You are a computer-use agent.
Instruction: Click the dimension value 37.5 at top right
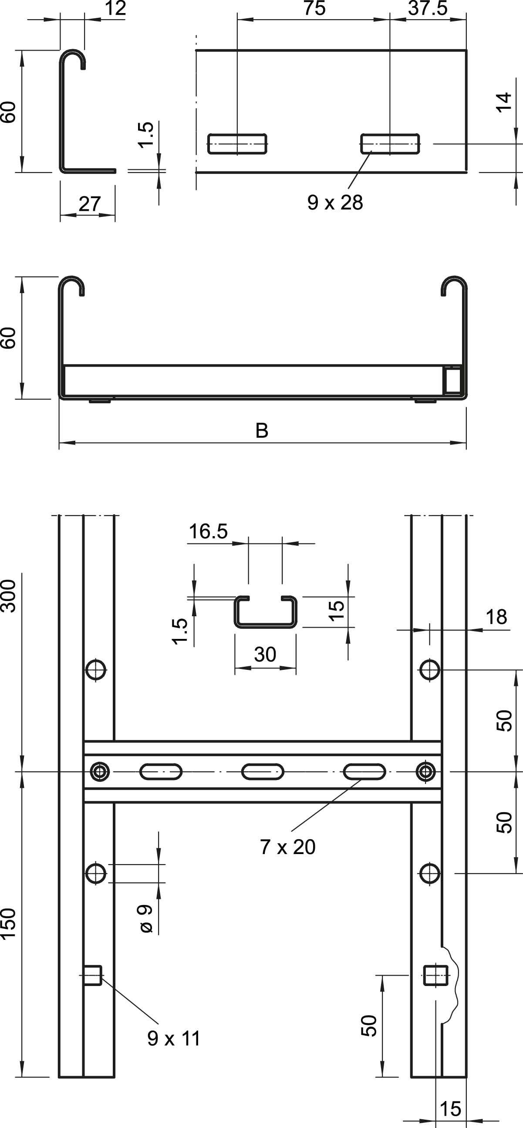click(428, 8)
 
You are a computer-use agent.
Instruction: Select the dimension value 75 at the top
click(314, 8)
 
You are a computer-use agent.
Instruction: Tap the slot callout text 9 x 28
click(335, 203)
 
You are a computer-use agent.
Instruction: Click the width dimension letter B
click(262, 431)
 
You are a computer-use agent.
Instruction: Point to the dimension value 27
click(90, 204)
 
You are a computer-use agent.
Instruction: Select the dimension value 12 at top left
click(115, 8)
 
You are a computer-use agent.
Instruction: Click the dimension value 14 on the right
click(505, 102)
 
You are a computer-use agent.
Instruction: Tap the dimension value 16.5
click(208, 532)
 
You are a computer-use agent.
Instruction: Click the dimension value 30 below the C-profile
click(265, 654)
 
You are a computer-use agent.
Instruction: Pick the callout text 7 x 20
click(287, 847)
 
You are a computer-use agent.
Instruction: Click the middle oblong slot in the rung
click(262, 772)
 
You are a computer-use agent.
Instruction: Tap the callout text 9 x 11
click(174, 1038)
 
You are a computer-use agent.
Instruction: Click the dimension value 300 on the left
click(9, 596)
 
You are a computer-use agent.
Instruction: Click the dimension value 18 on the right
click(496, 617)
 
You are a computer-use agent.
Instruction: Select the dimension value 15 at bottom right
click(450, 1109)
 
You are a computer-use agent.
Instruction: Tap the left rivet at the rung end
click(100, 772)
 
